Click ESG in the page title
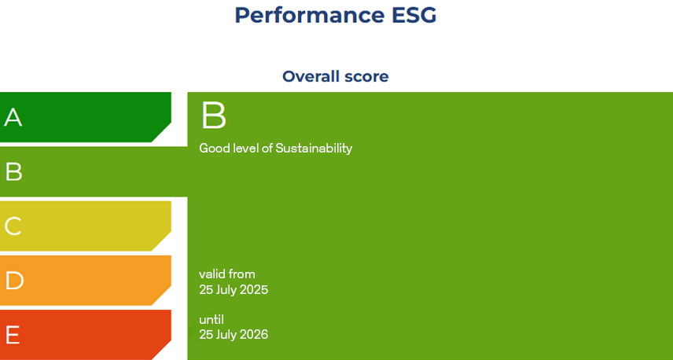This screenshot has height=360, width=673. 406,15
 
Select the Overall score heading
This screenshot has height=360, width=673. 336,76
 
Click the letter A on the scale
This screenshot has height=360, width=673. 13,118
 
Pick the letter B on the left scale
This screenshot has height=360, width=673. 13,172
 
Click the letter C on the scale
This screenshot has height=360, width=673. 13,226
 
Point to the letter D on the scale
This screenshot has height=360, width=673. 13,281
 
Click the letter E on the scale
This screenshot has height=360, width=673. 13,335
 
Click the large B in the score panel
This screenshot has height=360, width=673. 214,116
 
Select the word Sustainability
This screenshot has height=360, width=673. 314,148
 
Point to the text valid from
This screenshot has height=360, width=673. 227,274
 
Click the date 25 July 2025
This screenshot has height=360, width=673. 234,289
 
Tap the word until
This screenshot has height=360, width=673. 211,319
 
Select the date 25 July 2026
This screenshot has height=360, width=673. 234,334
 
